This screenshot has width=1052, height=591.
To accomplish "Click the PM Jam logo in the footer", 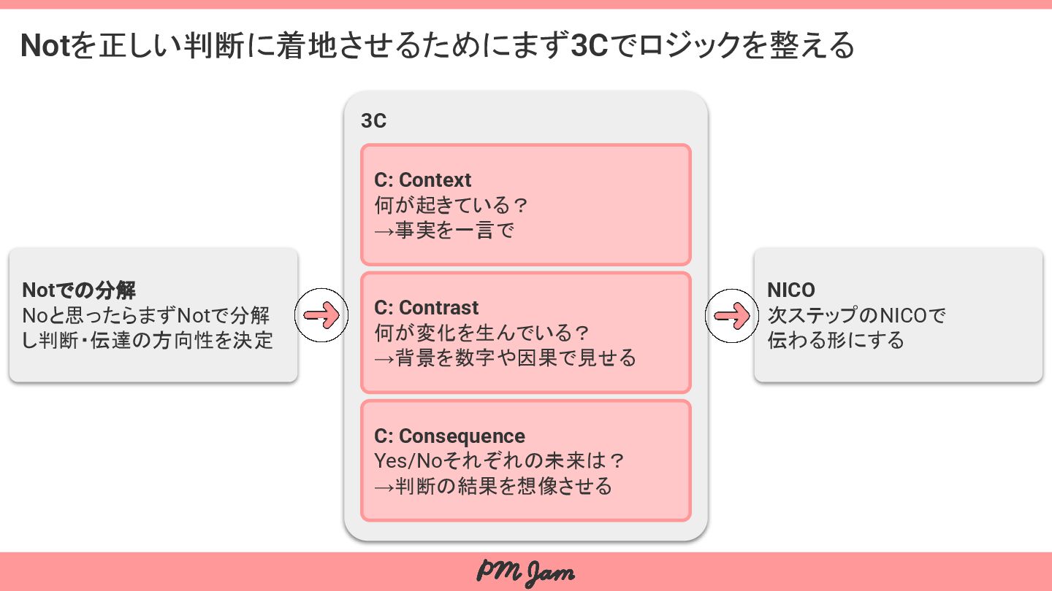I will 525,572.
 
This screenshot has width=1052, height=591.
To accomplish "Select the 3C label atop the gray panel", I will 373,120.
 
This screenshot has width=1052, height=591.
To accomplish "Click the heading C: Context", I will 423,180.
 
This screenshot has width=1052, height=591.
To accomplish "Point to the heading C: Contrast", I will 427,308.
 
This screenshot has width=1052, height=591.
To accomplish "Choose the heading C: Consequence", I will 449,436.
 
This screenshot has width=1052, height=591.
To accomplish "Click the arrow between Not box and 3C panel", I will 321,315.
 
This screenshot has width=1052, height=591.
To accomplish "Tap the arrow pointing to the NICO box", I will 732,315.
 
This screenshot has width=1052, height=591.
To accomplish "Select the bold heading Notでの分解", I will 79,290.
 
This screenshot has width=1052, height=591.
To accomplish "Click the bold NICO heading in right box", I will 791,290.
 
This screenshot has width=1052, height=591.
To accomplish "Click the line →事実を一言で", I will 444,231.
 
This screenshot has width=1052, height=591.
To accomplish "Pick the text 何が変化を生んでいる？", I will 482,333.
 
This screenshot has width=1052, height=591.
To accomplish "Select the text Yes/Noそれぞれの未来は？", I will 500,461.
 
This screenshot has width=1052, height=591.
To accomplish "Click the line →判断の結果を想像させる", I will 494,486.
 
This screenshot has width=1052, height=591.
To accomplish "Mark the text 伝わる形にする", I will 836,341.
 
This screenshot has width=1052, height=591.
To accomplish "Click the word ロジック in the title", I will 694,46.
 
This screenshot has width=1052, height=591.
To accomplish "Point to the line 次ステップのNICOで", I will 856,316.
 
